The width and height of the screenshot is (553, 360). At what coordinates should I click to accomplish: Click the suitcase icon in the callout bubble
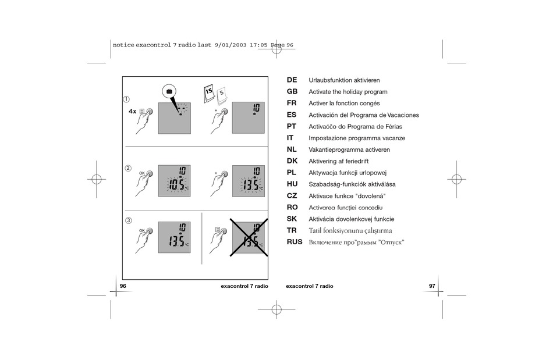(169, 91)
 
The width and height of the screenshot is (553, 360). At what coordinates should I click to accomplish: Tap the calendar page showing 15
(209, 92)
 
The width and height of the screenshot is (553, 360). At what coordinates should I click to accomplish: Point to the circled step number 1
(126, 99)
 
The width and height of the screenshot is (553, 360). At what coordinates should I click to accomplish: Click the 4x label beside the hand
(132, 111)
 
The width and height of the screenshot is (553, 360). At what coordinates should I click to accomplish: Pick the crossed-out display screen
(248, 237)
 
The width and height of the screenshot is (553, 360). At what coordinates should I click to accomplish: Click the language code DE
(292, 80)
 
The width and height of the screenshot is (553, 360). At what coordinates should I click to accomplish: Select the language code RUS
(295, 242)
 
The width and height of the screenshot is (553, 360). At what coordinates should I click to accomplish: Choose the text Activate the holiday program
(348, 92)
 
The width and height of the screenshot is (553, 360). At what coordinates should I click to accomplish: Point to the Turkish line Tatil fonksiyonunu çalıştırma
(350, 230)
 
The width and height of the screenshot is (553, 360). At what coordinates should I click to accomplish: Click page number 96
(123, 286)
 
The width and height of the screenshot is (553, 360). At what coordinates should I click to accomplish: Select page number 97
(432, 286)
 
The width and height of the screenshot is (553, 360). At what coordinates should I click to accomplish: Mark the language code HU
(292, 184)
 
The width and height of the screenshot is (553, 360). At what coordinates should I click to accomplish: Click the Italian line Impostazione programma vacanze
(356, 138)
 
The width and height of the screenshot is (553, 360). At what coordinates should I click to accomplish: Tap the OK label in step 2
(141, 173)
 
